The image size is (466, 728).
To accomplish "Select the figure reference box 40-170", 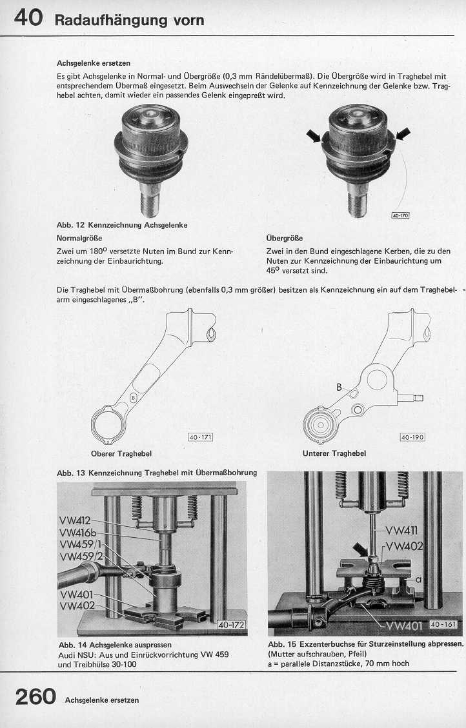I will pos(400,215).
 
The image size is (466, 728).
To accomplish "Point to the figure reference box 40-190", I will pos(412,437).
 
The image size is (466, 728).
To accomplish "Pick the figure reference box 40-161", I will pos(442,624).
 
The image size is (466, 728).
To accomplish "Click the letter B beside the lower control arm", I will pos(338,388).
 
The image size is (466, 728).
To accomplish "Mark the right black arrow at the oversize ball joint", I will pos(403,133).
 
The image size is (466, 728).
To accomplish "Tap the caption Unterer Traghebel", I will pos(334,453).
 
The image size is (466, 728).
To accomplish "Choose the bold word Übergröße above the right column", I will pos(284,238).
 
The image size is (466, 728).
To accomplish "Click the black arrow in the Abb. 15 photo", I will pos(359,550).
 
